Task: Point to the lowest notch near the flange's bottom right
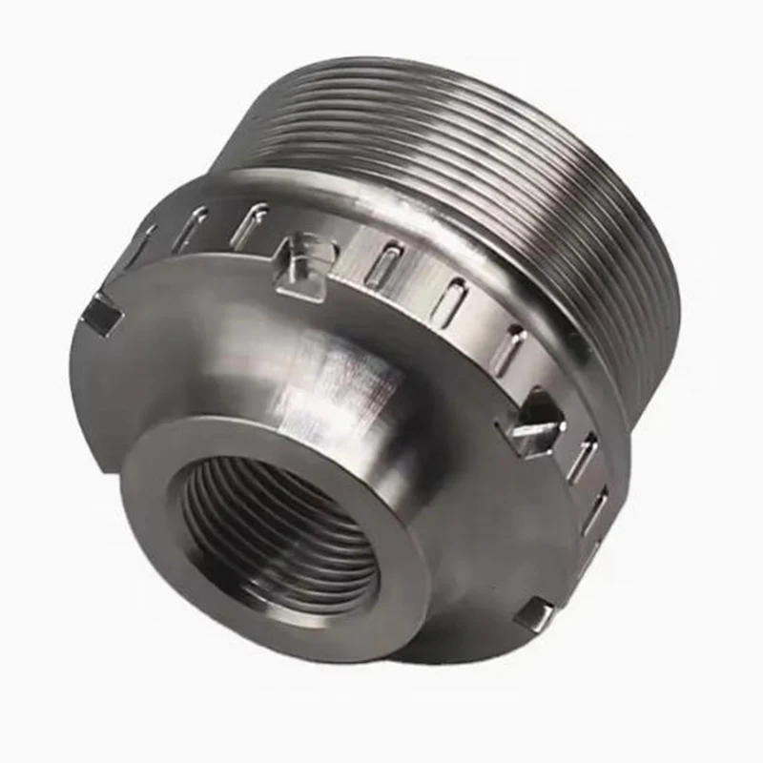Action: tap(536, 613)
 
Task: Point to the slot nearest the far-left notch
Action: tap(143, 243)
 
